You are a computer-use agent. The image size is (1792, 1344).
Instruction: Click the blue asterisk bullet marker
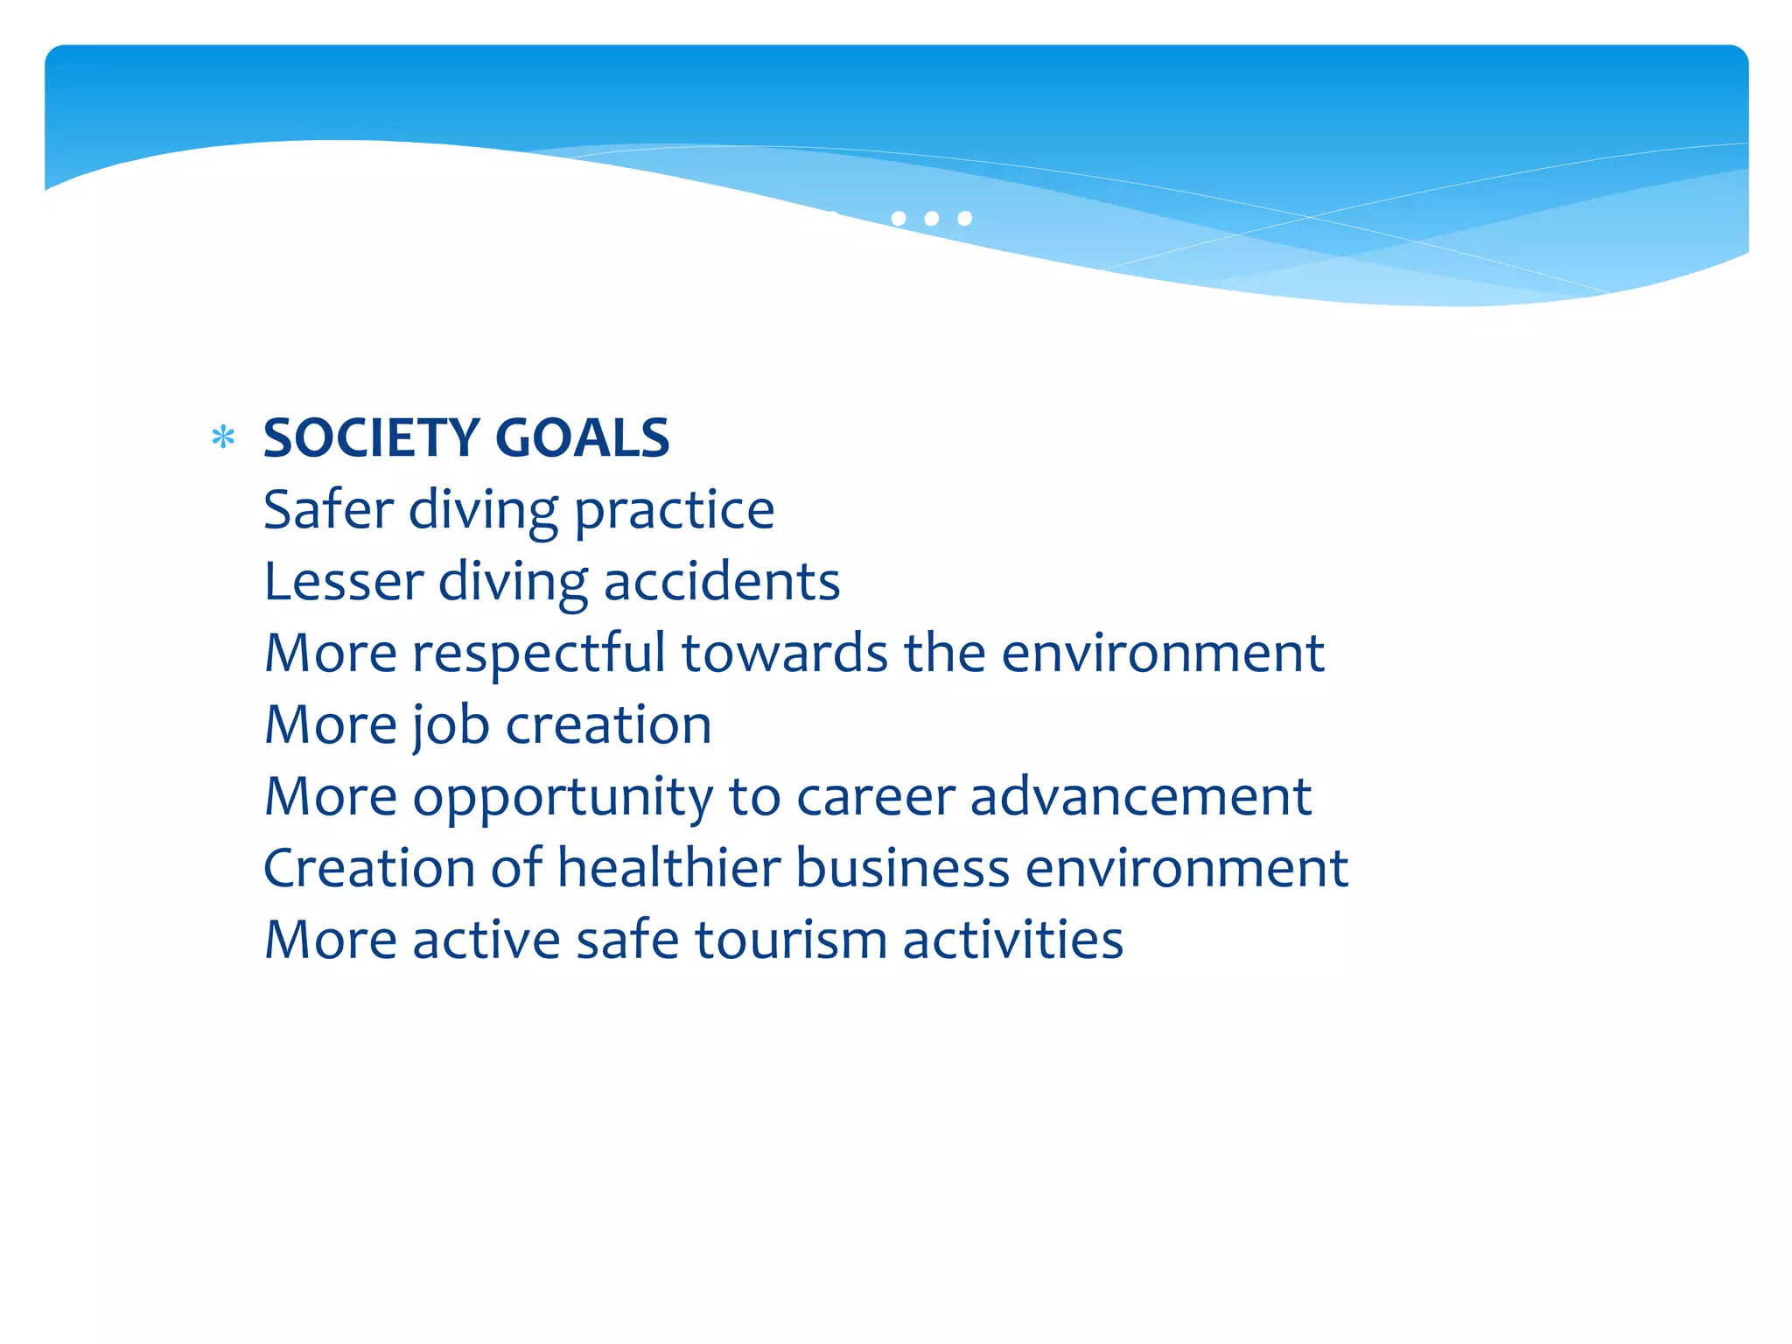(x=223, y=437)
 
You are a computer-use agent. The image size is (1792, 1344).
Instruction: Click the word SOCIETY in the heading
(x=371, y=437)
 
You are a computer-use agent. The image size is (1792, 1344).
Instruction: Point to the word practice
(x=674, y=511)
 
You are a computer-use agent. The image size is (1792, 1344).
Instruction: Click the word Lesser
(x=343, y=582)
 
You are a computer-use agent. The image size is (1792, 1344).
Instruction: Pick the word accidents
(x=722, y=582)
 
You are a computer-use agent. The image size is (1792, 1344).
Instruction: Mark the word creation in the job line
(x=609, y=725)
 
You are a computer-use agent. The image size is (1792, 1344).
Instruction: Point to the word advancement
(x=1140, y=797)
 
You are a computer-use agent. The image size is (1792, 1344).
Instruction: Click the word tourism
(x=791, y=940)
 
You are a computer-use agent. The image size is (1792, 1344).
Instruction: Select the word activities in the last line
(x=1012, y=940)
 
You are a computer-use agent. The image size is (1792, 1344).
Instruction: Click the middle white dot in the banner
(x=932, y=218)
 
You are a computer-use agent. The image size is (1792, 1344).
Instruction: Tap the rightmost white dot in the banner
(x=964, y=218)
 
